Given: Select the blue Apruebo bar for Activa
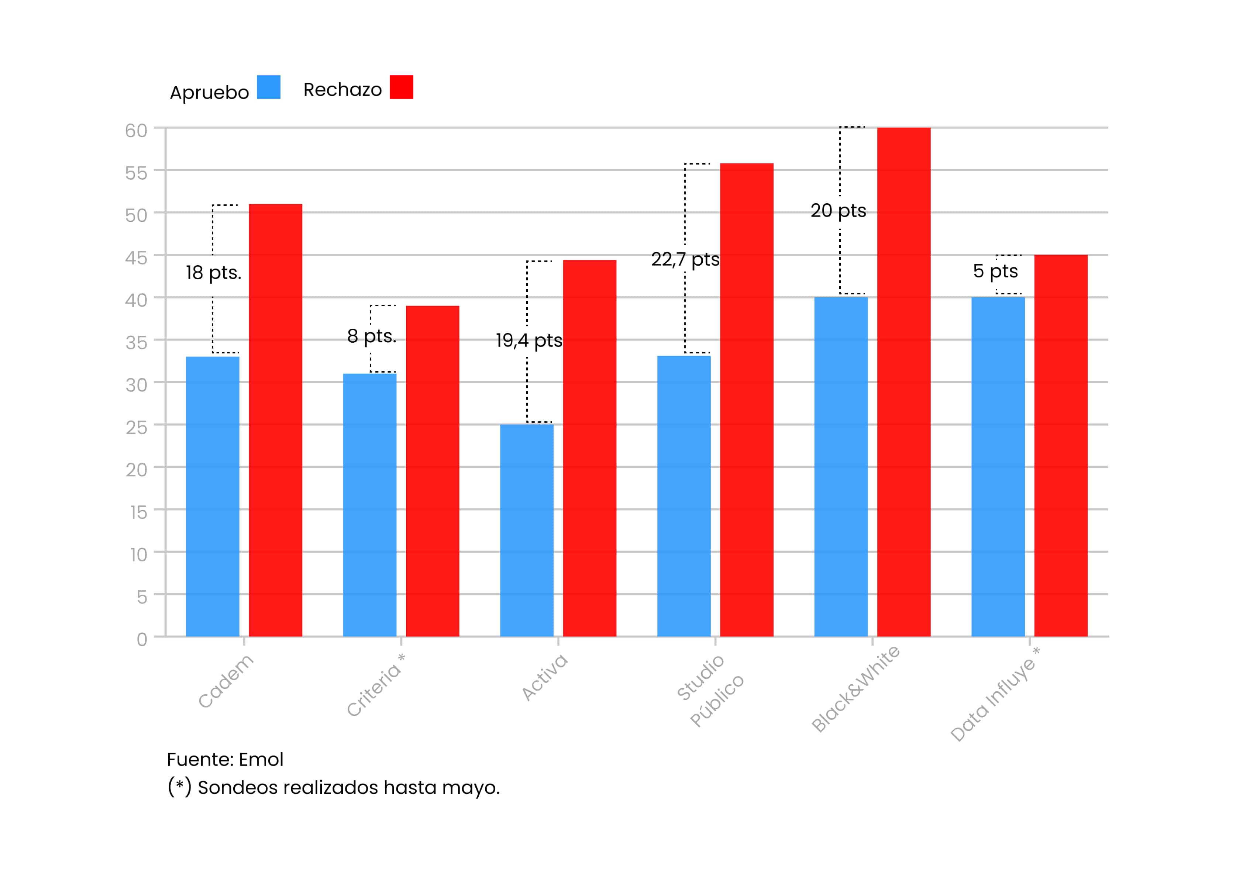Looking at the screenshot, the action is (527, 530).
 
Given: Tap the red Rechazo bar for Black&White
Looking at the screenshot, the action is (903, 382).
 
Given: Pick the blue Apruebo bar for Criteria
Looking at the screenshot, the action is (370, 505).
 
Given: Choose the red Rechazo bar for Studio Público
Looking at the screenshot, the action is (747, 400).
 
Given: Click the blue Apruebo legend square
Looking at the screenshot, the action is (269, 87).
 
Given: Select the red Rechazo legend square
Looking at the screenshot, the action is (402, 87).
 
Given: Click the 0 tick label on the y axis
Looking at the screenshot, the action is (142, 640).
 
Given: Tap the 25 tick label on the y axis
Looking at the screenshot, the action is (137, 428).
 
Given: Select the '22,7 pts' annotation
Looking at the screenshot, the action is (685, 260).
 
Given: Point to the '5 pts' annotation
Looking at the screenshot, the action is (995, 271).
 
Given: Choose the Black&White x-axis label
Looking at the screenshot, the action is (855, 688).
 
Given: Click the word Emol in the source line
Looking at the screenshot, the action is (261, 760).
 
